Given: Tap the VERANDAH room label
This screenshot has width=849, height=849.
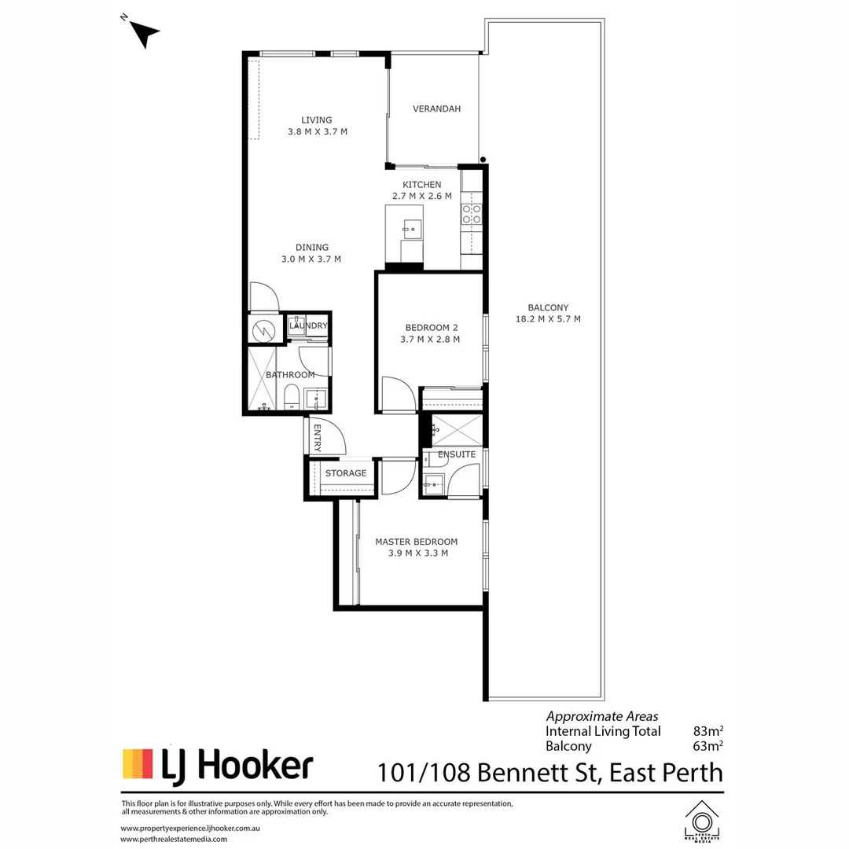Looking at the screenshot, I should click(x=436, y=109).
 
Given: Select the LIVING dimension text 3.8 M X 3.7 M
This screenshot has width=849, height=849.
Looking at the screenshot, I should click(x=318, y=132).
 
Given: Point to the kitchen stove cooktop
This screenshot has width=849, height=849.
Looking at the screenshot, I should click(x=472, y=215).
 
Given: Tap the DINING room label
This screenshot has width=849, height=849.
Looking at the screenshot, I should click(x=311, y=247).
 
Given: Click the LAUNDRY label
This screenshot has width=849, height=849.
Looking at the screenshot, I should click(x=308, y=325).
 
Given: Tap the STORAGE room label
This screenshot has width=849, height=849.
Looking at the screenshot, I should click(x=346, y=473).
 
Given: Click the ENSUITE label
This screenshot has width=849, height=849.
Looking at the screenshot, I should click(x=457, y=454).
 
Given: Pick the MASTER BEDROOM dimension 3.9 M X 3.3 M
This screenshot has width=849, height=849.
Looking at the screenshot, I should click(x=417, y=553).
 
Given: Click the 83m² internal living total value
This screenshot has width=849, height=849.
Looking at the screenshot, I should click(x=707, y=731).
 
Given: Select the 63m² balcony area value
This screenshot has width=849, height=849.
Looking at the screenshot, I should click(x=707, y=747).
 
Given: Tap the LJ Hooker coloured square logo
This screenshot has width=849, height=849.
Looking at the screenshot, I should click(x=138, y=763).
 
